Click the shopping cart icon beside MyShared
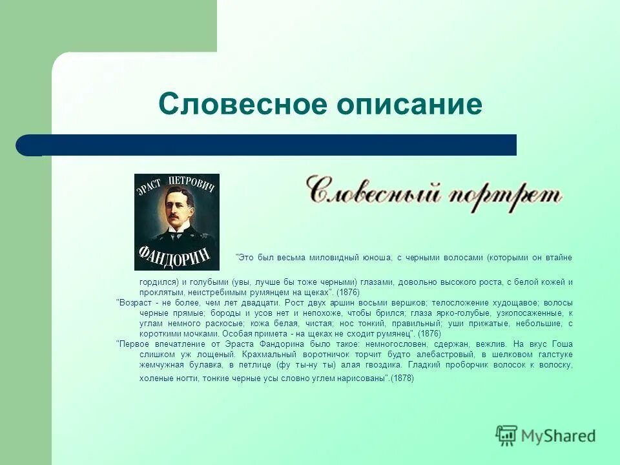506,435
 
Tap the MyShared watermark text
558,436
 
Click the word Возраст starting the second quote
134,302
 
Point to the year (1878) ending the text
402,378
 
